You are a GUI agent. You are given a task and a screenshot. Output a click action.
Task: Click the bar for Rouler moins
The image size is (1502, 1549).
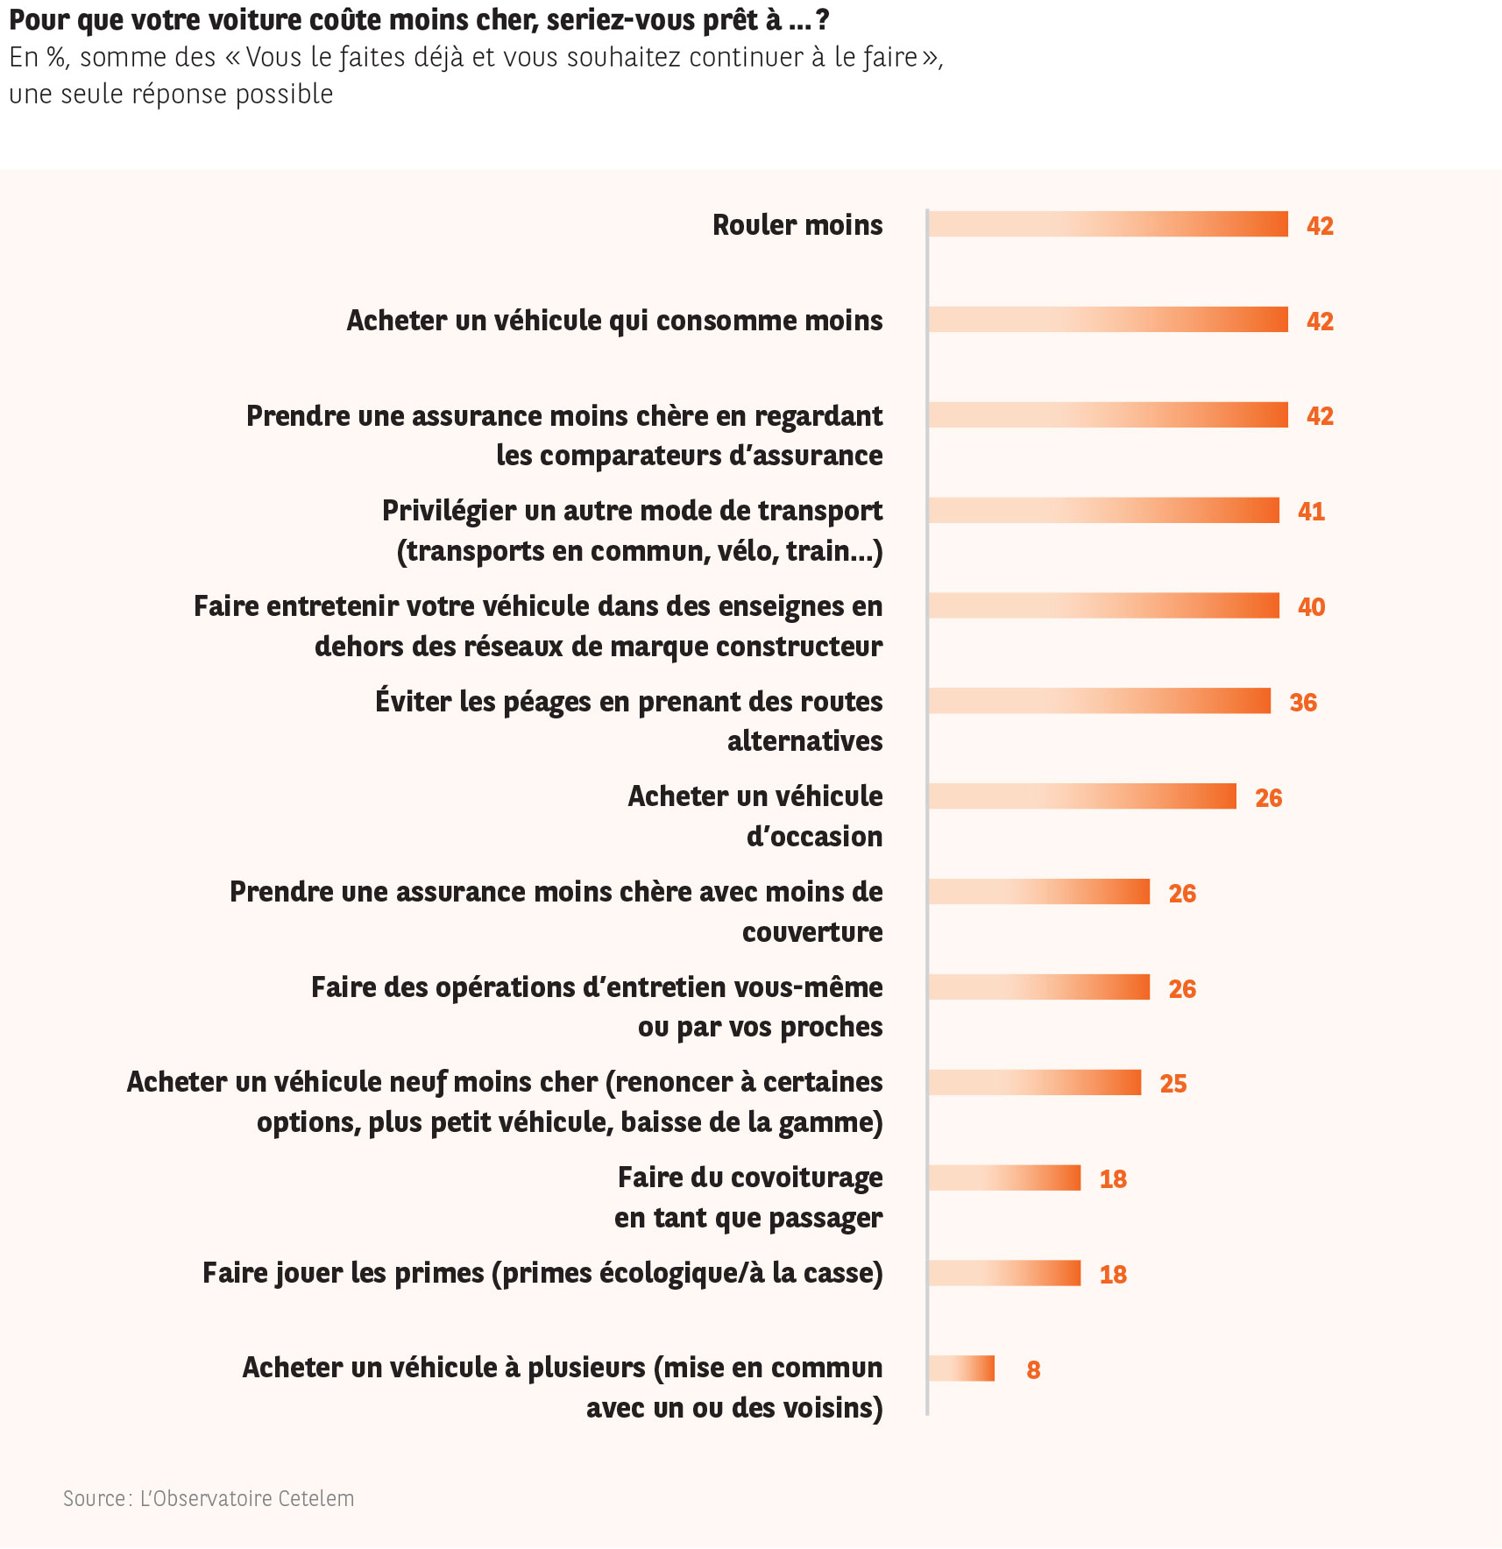coord(1108,224)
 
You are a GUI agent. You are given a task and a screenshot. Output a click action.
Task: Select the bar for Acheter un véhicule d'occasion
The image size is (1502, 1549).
coord(1082,796)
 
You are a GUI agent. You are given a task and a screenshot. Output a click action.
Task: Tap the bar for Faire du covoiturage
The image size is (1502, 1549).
coord(1004,1178)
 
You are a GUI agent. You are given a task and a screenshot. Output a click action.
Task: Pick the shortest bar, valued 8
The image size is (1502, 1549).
coord(961,1369)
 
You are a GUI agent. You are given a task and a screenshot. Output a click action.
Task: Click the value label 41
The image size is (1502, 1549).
coord(1311,512)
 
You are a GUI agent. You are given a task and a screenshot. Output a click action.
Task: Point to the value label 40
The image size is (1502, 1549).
coord(1311,607)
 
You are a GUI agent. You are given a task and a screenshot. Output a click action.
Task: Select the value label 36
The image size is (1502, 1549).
coord(1303,703)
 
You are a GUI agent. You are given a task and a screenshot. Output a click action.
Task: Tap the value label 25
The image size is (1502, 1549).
coord(1173,1084)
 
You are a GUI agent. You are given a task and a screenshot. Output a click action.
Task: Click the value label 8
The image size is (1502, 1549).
coord(1033,1370)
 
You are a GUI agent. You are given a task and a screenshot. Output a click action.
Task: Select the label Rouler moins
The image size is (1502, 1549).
coord(797,225)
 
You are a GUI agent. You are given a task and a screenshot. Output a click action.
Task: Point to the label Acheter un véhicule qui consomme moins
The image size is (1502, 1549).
coord(614,321)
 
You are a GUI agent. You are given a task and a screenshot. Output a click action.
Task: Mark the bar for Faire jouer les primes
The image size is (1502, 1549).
coord(1004,1273)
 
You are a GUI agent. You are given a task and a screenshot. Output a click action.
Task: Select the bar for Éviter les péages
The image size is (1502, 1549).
coord(1099,701)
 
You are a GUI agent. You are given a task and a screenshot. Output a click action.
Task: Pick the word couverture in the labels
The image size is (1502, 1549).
coord(812,932)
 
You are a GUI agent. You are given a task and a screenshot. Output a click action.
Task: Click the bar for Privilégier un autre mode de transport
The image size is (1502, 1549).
coord(1103,511)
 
